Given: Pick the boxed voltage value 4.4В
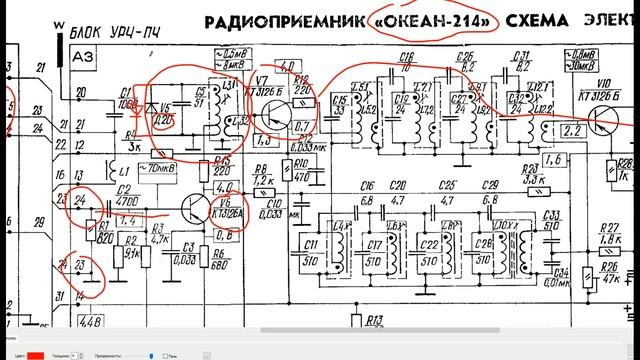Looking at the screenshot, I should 89,322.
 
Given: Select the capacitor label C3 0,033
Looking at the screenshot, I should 182,253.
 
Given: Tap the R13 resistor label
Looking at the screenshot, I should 374,321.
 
